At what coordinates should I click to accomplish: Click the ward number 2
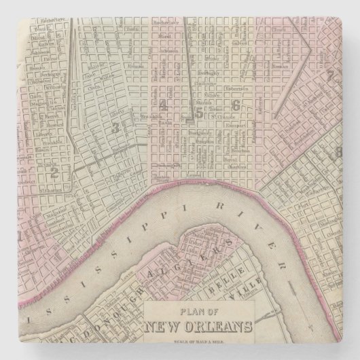tap(52, 173)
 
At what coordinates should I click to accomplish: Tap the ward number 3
tap(115, 126)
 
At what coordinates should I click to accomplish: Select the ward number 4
tap(163, 105)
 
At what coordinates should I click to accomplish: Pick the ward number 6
tap(236, 105)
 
